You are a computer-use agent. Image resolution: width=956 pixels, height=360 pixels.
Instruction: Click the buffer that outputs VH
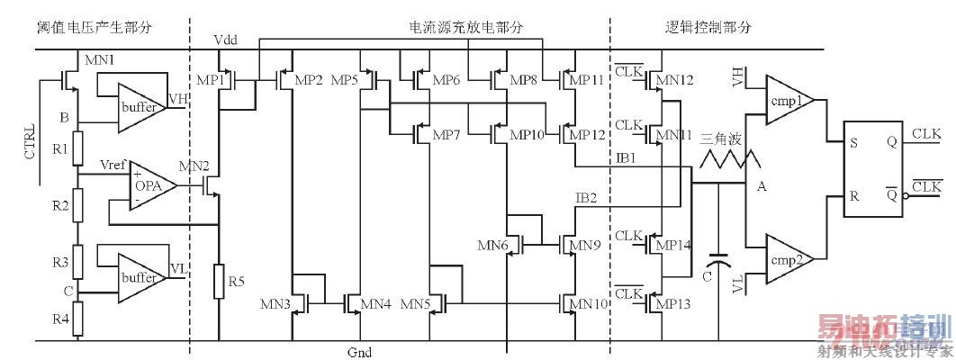[x=139, y=106]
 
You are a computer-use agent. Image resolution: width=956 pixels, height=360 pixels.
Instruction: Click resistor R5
[x=219, y=282]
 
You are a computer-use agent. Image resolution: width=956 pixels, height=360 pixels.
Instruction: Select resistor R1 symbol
[x=78, y=148]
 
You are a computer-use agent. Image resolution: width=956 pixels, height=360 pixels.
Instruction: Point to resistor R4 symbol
[x=78, y=317]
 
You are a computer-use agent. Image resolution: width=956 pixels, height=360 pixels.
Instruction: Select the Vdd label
[x=226, y=41]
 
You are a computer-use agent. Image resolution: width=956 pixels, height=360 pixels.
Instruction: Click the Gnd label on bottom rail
[x=359, y=352]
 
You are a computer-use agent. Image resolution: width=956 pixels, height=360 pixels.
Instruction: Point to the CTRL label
[x=31, y=140]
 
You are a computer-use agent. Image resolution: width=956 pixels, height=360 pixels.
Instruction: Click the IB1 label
[x=627, y=158]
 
